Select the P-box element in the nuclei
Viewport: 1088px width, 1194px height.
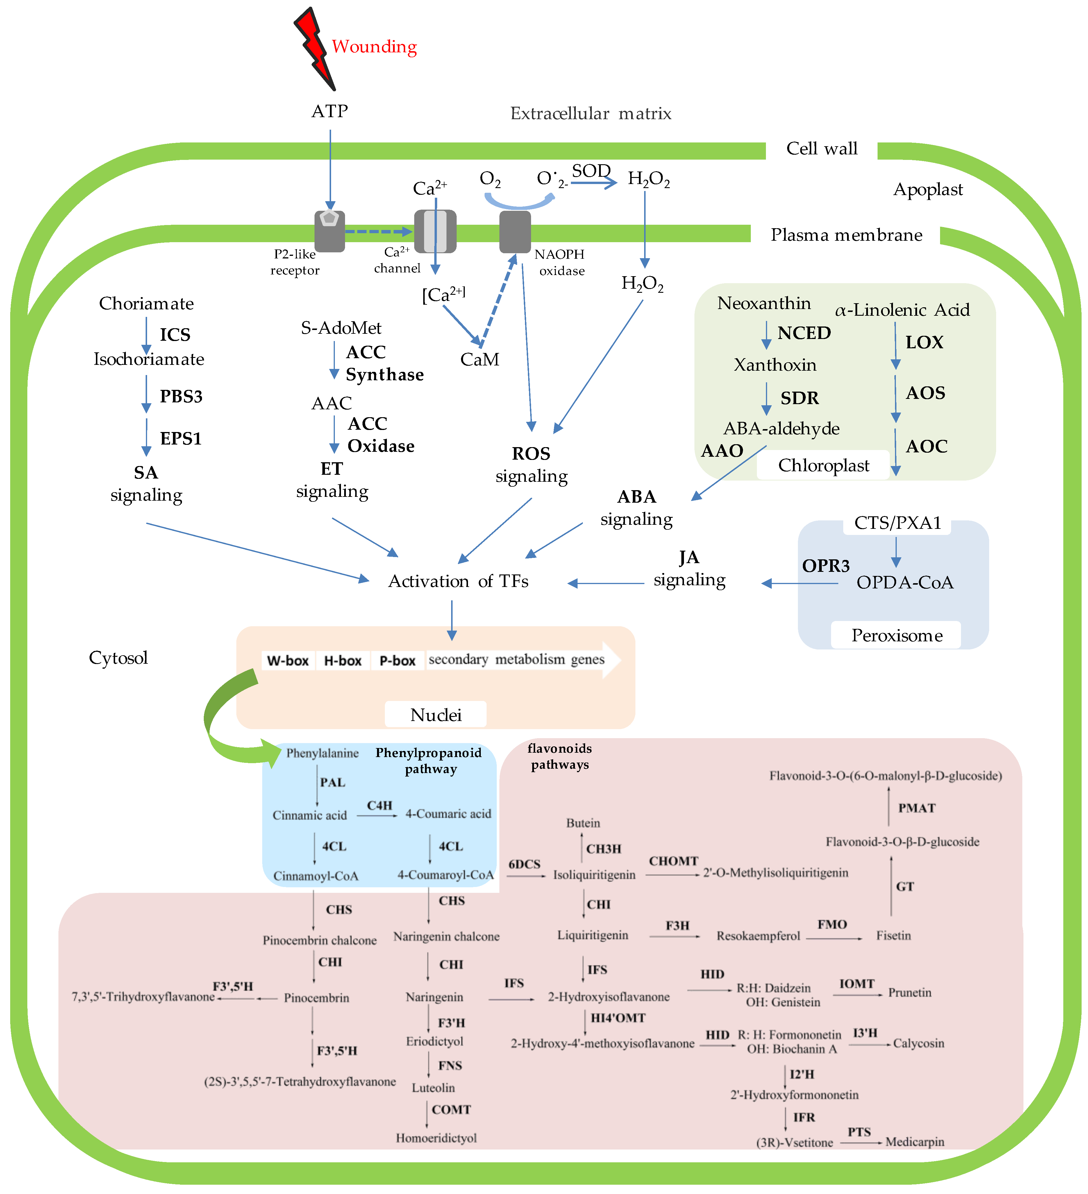(397, 660)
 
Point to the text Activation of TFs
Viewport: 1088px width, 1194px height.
(458, 581)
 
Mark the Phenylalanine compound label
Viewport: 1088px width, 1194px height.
(322, 753)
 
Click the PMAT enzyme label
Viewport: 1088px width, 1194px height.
(916, 808)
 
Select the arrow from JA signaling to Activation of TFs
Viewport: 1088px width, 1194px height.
(605, 583)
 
